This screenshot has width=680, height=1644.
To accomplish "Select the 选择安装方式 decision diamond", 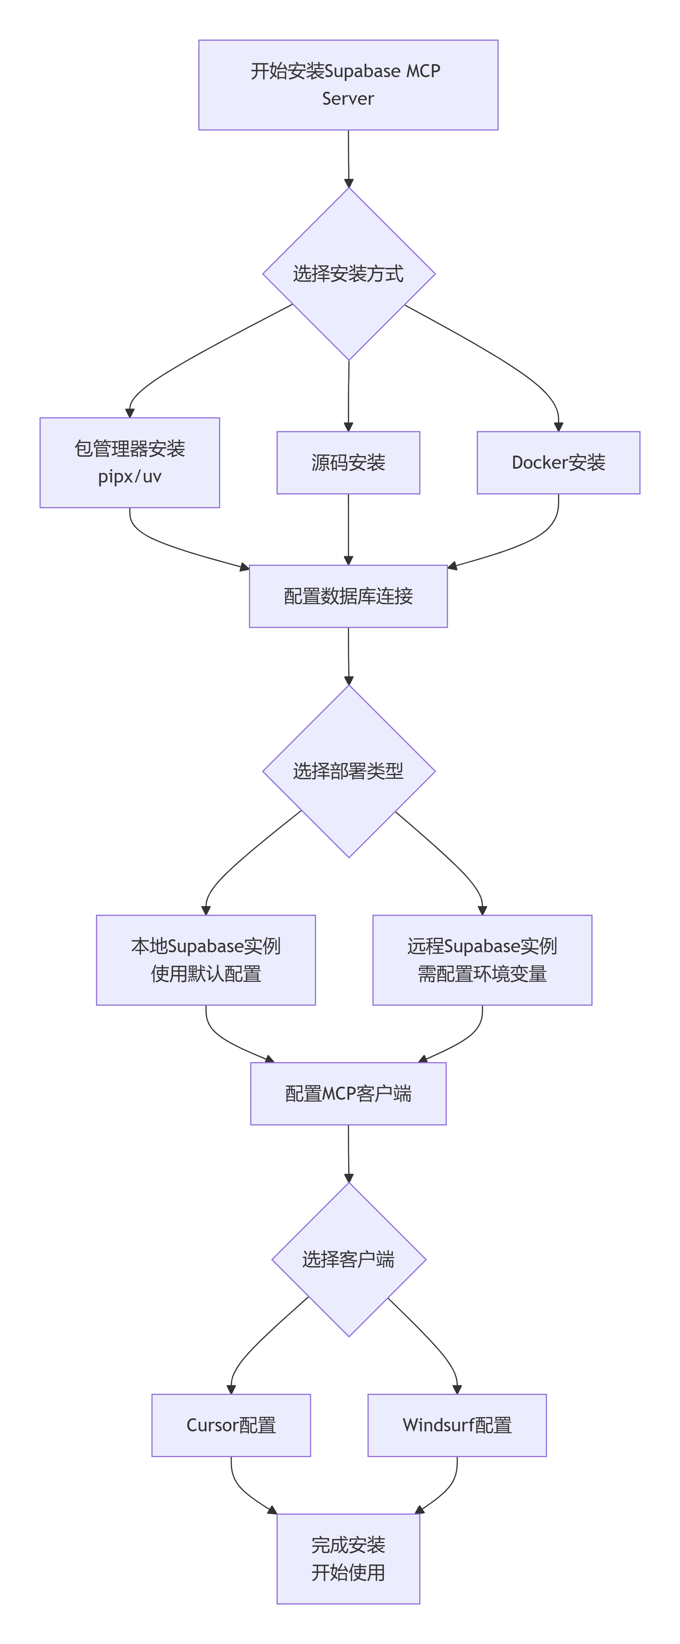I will point(348,274).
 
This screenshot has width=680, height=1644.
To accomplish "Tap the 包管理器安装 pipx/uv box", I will point(130,462).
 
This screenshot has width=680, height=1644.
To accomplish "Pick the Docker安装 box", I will point(558,462).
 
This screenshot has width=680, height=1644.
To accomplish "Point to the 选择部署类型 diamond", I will point(348,771).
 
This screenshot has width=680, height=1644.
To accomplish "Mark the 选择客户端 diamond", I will point(348,1259).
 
